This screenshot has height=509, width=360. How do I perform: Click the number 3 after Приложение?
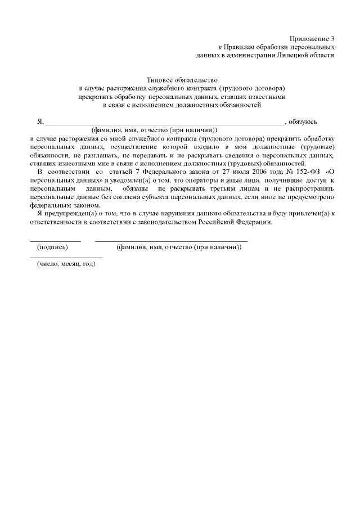[332, 37]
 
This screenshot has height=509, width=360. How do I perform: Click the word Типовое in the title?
[159, 80]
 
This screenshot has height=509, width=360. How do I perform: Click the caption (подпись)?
[52, 247]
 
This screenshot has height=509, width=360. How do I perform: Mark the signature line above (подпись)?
[55, 241]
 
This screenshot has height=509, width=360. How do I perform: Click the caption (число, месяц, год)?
[66, 264]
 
